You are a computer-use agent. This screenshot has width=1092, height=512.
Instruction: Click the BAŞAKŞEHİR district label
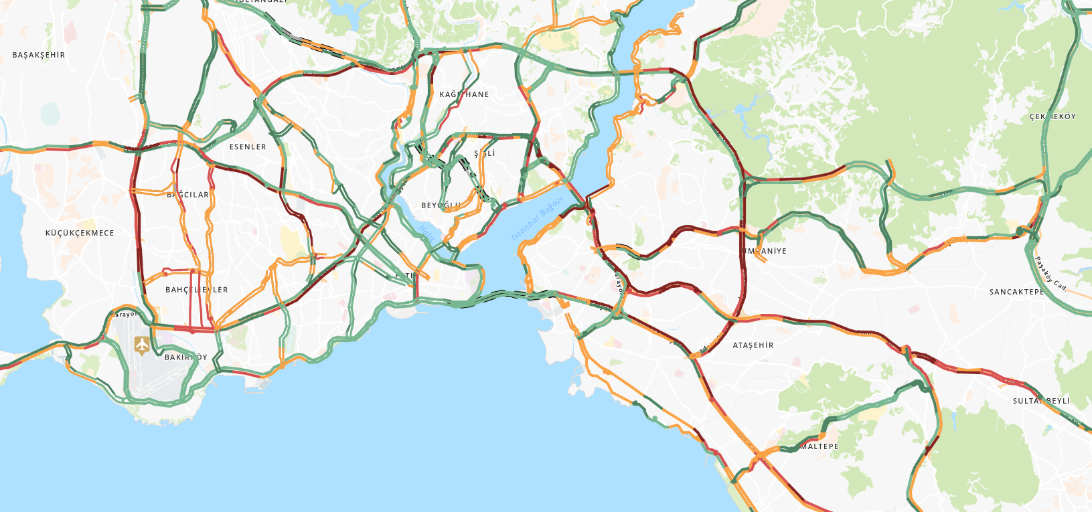39,55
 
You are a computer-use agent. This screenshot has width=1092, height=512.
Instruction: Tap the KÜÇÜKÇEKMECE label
80,233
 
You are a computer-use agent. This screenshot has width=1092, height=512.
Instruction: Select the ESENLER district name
248,147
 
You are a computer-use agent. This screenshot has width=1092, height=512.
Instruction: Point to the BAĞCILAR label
188,195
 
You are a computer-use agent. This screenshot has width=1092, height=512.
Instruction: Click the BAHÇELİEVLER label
197,290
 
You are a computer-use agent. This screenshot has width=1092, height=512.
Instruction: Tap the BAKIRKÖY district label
186,357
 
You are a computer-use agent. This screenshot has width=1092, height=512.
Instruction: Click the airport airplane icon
142,345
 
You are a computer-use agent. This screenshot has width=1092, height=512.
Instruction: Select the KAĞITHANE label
464,94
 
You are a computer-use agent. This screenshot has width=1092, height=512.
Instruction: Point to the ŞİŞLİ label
485,153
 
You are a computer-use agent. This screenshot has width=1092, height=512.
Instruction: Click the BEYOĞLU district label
441,205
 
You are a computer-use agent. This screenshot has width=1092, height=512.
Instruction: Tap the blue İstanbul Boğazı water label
537,219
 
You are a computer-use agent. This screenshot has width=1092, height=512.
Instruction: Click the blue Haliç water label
427,234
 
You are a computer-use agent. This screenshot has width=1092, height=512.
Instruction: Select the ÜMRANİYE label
765,251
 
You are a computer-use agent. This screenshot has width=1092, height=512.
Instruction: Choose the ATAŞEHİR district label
753,345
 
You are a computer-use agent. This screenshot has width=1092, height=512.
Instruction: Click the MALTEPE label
819,446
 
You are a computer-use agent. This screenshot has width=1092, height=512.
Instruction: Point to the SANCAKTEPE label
1016,292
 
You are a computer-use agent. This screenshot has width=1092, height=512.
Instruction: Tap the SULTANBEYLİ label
1041,401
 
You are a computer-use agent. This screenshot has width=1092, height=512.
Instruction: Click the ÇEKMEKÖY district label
1052,116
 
